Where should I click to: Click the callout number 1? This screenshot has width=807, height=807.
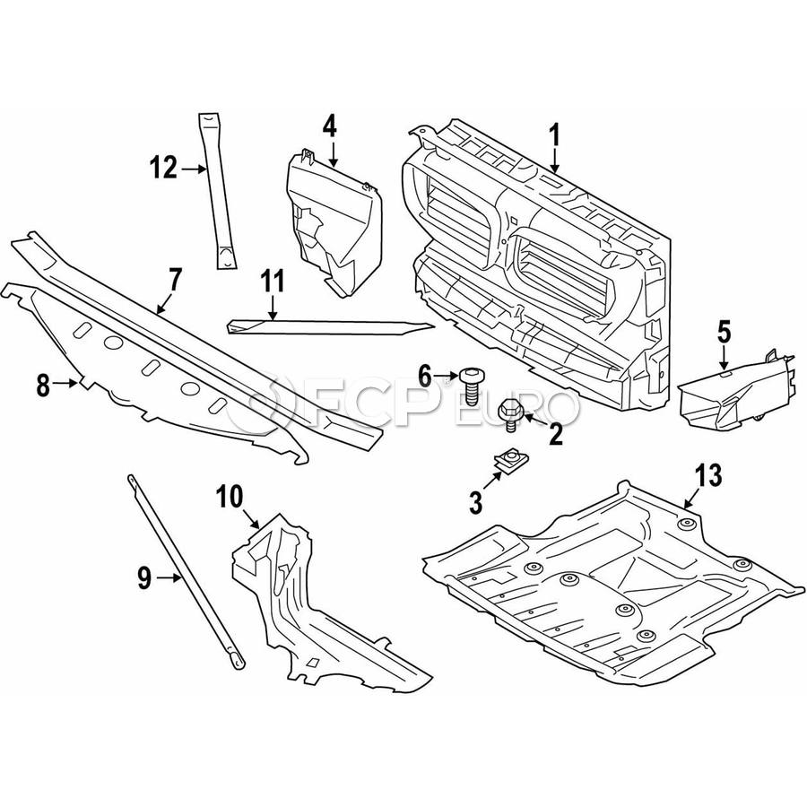554,135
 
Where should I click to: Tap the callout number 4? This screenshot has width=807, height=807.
330,126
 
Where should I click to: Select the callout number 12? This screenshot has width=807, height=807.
165,168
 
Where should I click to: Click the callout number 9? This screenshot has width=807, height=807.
144,579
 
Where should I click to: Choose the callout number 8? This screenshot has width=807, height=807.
43,386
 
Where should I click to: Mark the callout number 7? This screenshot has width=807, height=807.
175,279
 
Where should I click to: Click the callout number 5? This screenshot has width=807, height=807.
725,334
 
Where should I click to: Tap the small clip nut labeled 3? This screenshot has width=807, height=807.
509,462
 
